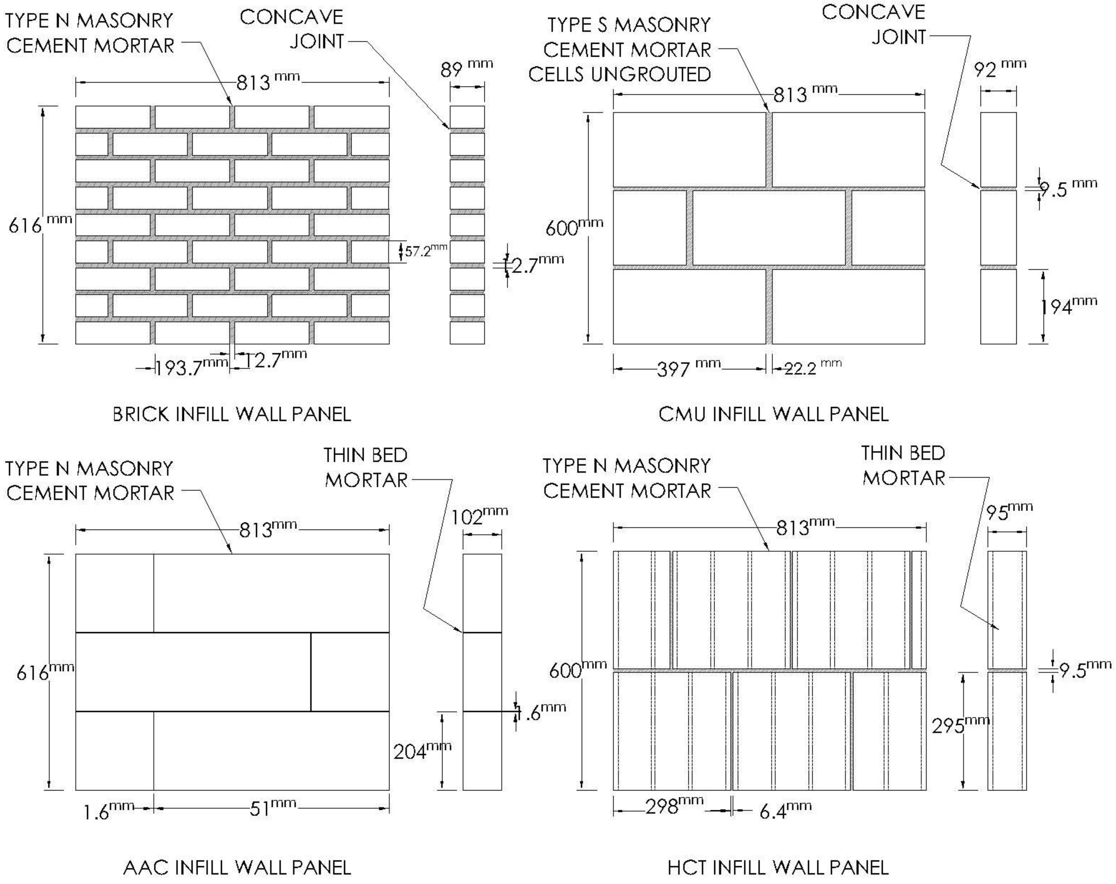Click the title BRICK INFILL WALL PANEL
point(232,414)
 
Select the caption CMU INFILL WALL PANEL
point(774,414)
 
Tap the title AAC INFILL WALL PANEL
point(237,867)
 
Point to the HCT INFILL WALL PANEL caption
point(778,867)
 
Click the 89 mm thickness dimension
point(466,69)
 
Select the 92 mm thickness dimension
point(1000,69)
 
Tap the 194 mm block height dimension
point(1068,306)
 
